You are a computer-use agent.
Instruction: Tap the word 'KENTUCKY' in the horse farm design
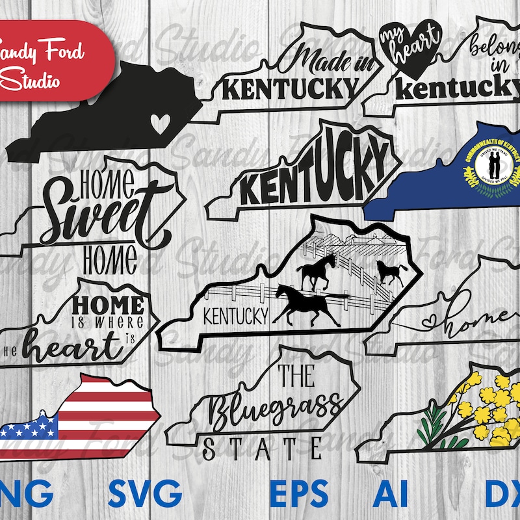tap(237, 317)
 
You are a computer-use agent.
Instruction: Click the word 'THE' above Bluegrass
tap(296, 376)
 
